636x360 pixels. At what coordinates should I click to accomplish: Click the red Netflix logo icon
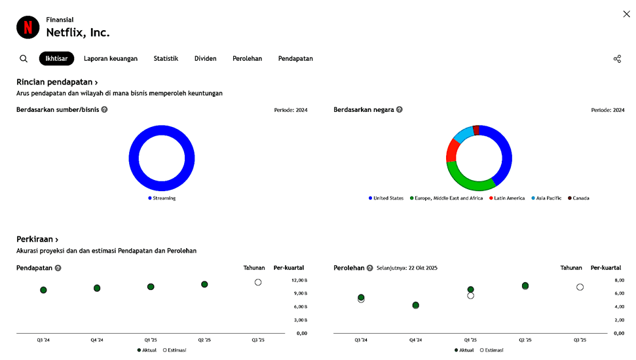(x=28, y=27)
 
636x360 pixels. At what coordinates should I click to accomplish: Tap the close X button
(x=626, y=14)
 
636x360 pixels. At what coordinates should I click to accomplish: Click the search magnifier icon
(x=24, y=59)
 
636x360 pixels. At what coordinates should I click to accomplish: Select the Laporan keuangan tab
(x=111, y=59)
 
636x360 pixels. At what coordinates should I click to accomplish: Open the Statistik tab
(x=166, y=59)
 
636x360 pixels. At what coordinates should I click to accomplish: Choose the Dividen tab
(x=205, y=59)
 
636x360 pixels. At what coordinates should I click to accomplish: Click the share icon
(x=617, y=59)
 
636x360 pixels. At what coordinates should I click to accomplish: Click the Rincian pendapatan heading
(x=57, y=82)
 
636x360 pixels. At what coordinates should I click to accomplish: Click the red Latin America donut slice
(x=451, y=150)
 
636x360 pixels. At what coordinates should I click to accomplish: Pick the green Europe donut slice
(x=469, y=179)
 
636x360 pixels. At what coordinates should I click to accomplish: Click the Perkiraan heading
(x=37, y=240)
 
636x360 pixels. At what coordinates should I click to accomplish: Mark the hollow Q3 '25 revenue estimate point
(x=258, y=283)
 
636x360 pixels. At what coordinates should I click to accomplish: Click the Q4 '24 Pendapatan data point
(x=97, y=288)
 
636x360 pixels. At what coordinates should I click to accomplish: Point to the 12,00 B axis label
(x=299, y=280)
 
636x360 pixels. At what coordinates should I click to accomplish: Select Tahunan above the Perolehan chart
(x=571, y=268)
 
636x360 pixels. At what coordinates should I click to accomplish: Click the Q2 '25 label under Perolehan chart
(x=525, y=340)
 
